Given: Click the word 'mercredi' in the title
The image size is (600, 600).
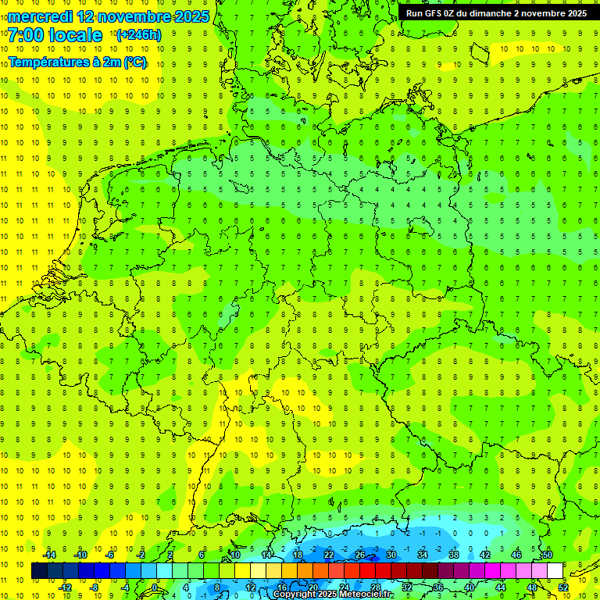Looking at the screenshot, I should click(x=41, y=16).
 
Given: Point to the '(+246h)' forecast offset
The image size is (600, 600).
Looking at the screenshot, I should click(x=138, y=35).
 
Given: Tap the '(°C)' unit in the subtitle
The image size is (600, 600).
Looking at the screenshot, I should click(x=135, y=62).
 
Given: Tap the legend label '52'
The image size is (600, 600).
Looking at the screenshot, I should click(x=563, y=587).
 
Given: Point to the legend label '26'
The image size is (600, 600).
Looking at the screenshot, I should click(x=360, y=555).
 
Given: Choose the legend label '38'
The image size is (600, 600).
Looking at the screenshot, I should click(x=454, y=555).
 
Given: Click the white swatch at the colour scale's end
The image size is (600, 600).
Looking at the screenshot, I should click(x=555, y=571).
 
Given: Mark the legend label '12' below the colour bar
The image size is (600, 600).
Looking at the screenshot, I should click(x=251, y=587).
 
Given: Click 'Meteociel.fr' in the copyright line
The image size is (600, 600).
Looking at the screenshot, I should click(x=366, y=595).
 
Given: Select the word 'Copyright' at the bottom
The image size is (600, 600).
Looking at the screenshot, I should click(x=295, y=595).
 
